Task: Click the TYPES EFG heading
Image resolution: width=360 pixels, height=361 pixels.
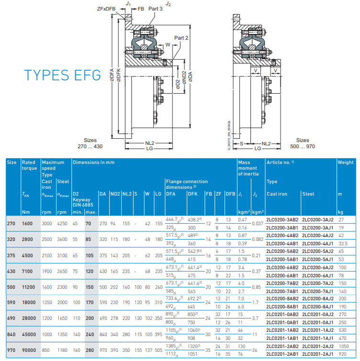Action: coord(63,75)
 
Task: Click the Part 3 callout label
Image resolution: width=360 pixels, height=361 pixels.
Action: coord(156,8)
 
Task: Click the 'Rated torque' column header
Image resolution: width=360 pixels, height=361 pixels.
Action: coord(29,165)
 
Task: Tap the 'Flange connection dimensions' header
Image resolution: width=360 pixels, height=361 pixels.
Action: coord(187,184)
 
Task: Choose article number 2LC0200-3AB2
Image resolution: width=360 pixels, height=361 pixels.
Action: coord(282,219)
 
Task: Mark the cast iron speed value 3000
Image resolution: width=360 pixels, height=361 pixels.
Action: coord(47,223)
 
